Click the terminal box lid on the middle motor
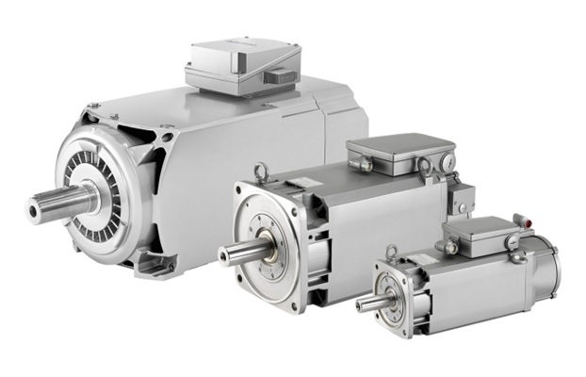pos(400,148)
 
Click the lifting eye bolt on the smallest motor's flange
pos(391,252)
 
